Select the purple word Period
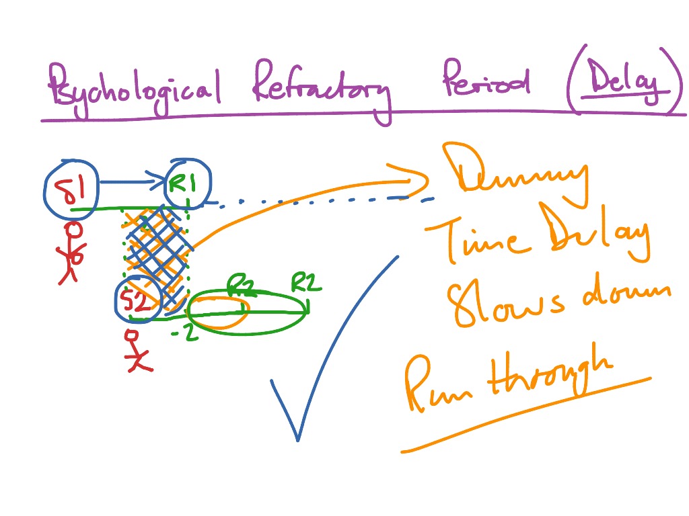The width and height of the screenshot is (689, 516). (485, 83)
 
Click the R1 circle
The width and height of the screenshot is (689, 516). (189, 183)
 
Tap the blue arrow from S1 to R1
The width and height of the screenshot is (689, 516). (135, 180)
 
